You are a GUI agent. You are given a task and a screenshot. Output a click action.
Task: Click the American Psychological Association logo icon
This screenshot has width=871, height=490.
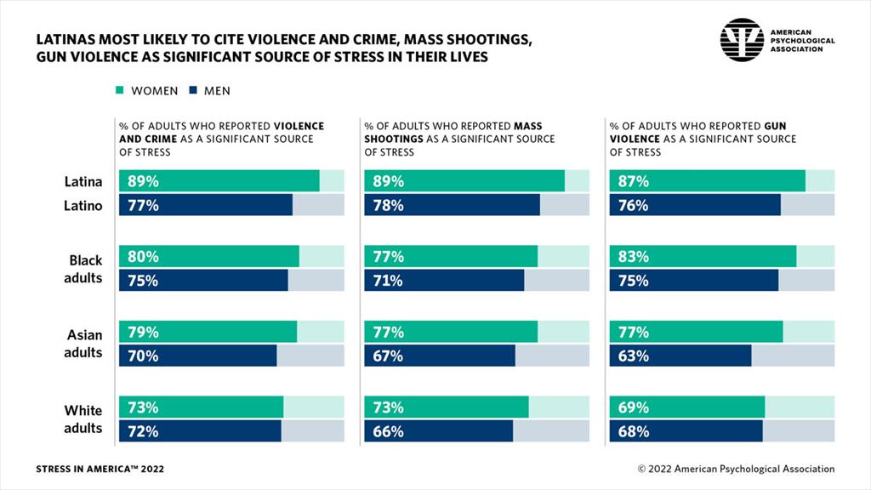pos(743,39)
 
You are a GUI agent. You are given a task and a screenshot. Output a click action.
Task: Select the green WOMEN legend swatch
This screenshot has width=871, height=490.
pos(120,90)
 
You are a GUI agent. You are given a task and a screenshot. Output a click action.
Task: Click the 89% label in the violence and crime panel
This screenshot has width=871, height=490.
pos(143,181)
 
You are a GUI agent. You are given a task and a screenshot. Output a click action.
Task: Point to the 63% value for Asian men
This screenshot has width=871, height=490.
pos(634,356)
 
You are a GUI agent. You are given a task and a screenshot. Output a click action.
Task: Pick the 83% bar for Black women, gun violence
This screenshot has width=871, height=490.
pos(703,257)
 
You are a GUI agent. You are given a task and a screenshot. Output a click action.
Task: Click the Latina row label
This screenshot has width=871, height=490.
pos(83,181)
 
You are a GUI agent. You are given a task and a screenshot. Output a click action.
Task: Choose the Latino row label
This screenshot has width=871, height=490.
pos(83,205)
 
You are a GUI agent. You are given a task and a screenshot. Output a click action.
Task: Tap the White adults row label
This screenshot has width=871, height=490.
pos(83,419)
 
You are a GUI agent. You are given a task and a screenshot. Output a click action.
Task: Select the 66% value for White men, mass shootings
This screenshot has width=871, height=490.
pos(388,431)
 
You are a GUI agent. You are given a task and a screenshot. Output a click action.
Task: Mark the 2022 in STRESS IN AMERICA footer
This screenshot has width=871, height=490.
pos(151,469)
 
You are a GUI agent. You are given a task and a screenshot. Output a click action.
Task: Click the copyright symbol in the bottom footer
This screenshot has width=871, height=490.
pos(642,469)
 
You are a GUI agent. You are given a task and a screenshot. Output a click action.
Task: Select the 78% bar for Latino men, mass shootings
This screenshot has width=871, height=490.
pos(452,205)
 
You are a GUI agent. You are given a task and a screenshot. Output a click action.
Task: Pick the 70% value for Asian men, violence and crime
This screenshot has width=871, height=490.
pos(143,356)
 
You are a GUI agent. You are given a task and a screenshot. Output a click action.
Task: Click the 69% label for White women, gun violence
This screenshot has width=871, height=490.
pos(634,407)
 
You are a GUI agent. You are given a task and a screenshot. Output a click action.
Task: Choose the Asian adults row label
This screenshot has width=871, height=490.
pos(83,344)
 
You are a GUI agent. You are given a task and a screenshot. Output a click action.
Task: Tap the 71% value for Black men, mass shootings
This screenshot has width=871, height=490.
pos(388,281)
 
